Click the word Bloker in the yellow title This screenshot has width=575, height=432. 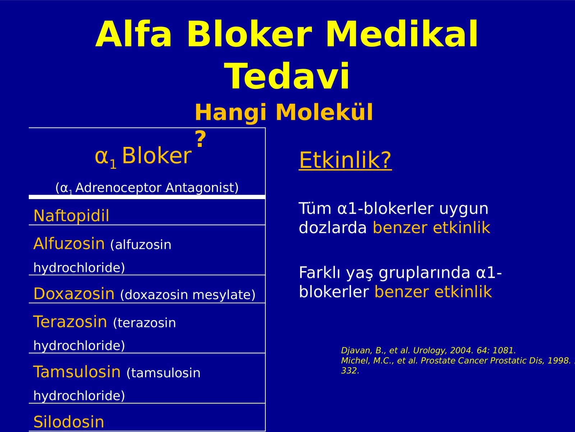(x=249, y=34)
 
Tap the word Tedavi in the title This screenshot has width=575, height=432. (x=286, y=76)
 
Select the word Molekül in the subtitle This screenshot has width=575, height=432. (x=324, y=112)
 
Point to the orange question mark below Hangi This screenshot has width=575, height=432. (x=201, y=139)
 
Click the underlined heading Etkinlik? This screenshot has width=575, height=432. (x=345, y=160)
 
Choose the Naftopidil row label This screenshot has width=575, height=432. (x=71, y=216)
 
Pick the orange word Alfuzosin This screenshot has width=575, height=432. (x=69, y=243)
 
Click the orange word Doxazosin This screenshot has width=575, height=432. (x=74, y=293)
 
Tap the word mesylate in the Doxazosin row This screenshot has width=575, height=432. (x=224, y=295)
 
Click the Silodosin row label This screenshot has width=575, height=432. (x=69, y=422)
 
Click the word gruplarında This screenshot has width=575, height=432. (x=424, y=273)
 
